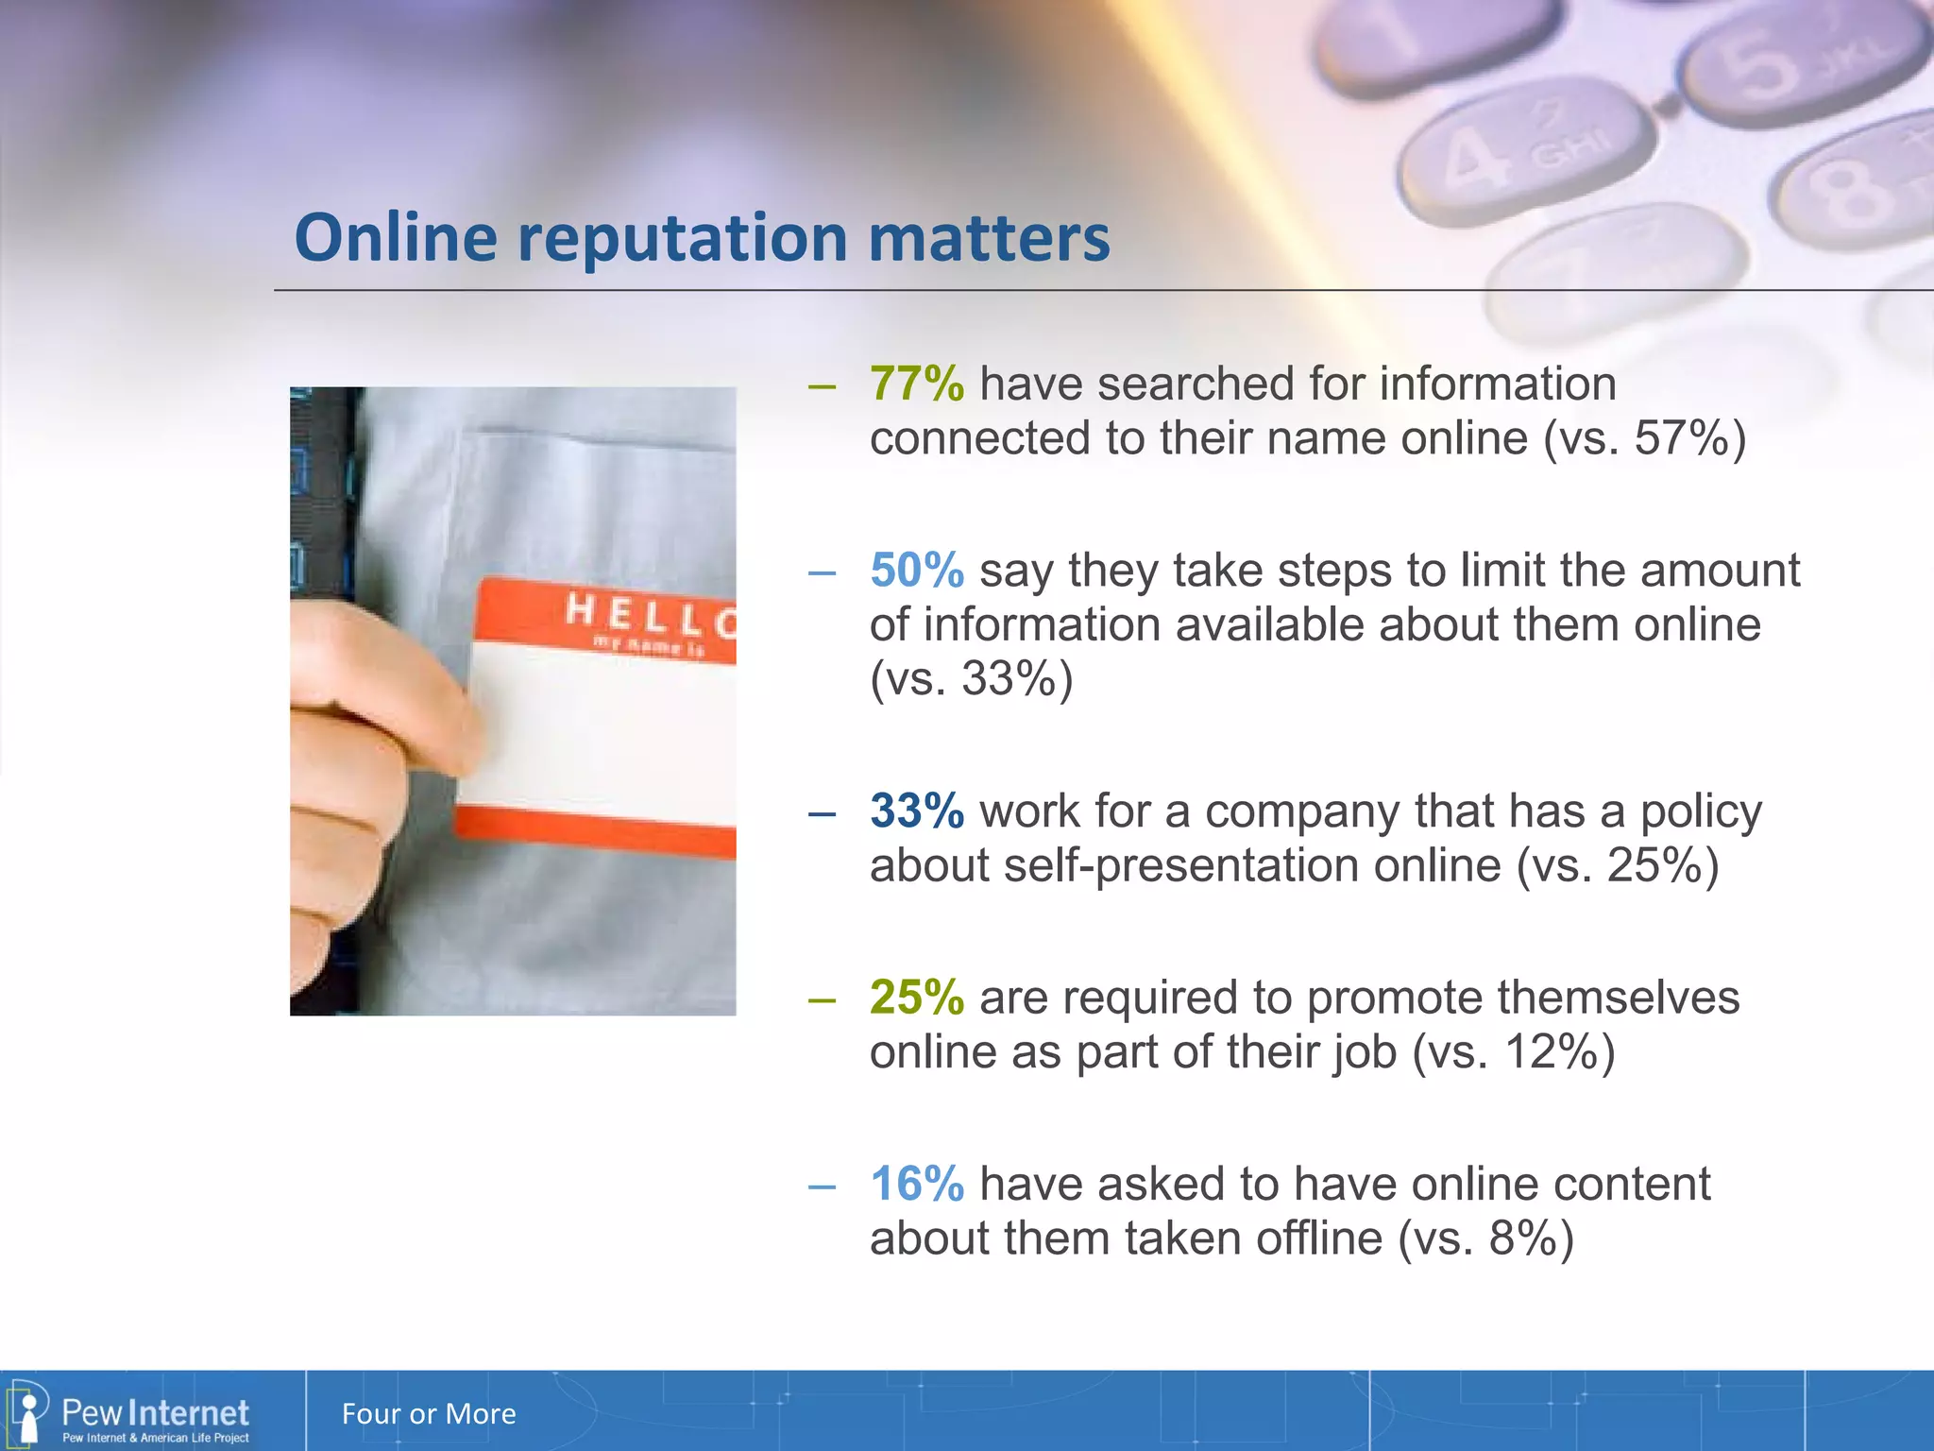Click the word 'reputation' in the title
(682, 238)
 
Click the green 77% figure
(916, 384)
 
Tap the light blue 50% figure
(916, 571)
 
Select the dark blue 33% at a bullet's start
(916, 811)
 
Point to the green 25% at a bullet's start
(916, 998)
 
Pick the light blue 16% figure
(916, 1184)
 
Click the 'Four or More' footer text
(429, 1414)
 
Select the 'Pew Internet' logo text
(155, 1412)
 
